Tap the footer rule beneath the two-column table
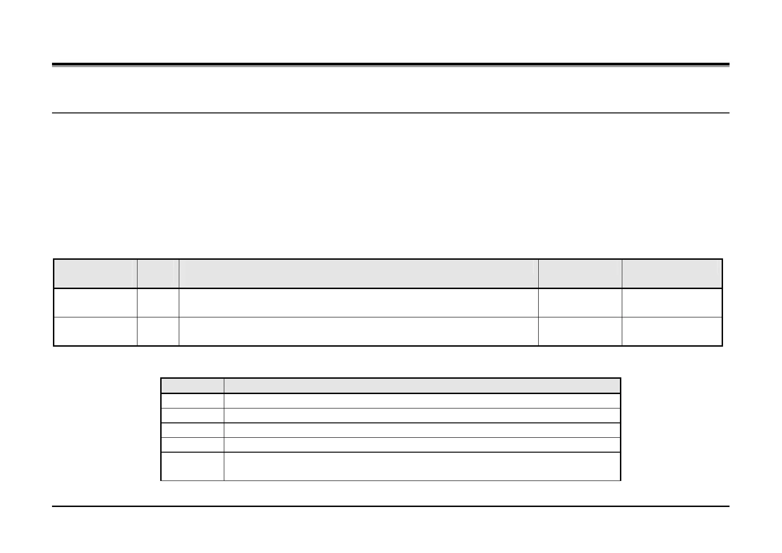(390, 506)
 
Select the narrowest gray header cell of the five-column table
(158, 274)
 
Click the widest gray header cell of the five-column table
(358, 274)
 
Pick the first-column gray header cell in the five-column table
(95, 274)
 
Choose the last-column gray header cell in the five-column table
(672, 274)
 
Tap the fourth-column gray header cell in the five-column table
(580, 274)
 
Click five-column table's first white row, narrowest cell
(158, 303)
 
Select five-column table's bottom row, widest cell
(358, 331)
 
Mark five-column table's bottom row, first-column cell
(95, 331)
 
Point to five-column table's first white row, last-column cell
(672, 303)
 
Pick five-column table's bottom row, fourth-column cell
(580, 331)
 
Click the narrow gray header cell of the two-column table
(192, 386)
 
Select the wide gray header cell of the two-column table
(422, 386)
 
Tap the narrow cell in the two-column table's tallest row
(192, 466)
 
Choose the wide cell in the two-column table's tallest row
(422, 466)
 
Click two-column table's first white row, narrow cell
(192, 401)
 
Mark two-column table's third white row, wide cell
(422, 430)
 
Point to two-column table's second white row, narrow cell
(192, 415)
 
